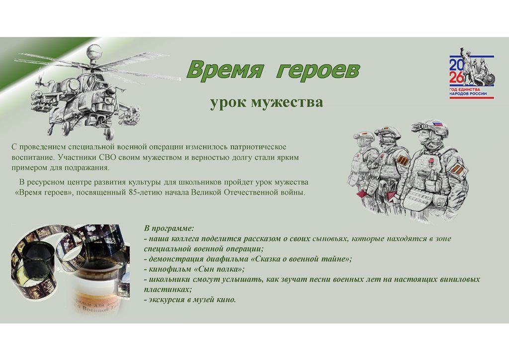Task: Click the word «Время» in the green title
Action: (x=224, y=70)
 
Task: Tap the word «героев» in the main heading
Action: (x=318, y=70)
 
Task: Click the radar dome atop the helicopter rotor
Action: (x=94, y=52)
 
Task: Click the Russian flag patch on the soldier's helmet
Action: (x=438, y=124)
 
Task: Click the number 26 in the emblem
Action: (x=456, y=78)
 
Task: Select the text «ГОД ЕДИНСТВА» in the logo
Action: (x=465, y=90)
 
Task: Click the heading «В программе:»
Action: (x=169, y=229)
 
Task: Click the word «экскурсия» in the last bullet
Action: (x=168, y=300)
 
